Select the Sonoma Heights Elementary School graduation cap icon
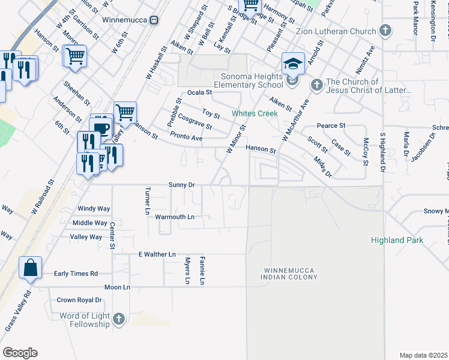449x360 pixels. [x=293, y=63]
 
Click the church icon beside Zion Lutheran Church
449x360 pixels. [x=385, y=31]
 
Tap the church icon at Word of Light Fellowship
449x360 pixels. [x=118, y=319]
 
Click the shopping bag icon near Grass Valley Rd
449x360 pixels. [x=30, y=268]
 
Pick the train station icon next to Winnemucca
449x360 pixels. [x=154, y=19]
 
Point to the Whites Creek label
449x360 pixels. [x=256, y=113]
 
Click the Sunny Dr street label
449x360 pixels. [x=182, y=185]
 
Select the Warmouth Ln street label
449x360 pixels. [x=175, y=217]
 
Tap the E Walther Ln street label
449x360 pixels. [x=157, y=254]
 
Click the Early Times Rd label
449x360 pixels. [x=76, y=274]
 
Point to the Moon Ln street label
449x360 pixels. [x=117, y=287]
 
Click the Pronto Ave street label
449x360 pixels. [x=186, y=137]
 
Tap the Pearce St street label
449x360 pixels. [x=331, y=126]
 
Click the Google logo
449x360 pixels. [x=20, y=352]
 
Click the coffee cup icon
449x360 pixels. [x=101, y=127]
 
